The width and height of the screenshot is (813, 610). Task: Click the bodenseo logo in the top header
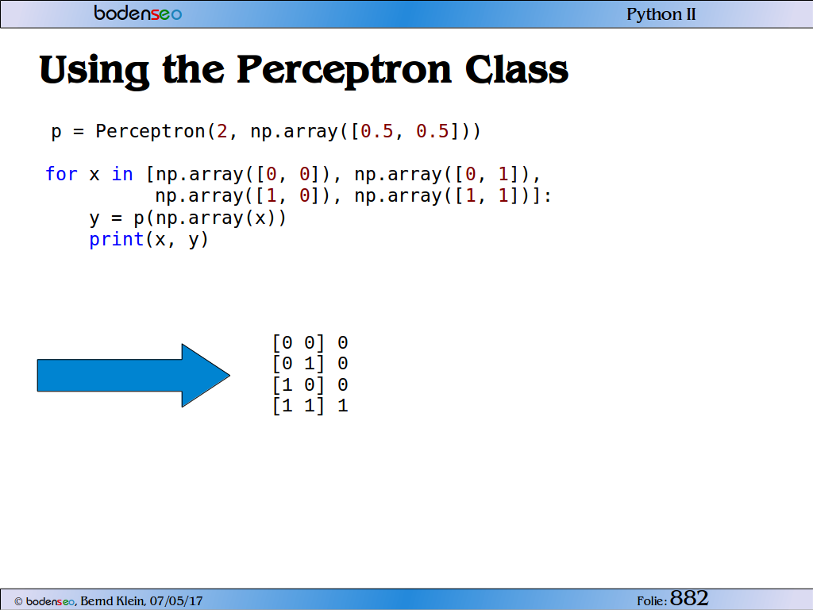138,13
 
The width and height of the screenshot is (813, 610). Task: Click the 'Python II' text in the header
661,14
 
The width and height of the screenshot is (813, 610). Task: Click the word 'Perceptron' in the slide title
345,71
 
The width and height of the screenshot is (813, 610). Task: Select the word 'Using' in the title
94,71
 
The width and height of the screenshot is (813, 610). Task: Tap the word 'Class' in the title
516,70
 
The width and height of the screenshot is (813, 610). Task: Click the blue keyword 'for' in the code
61,174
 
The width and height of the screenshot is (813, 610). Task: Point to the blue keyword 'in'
122,174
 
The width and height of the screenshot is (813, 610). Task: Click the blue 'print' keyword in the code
116,240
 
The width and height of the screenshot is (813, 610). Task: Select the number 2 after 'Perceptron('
222,131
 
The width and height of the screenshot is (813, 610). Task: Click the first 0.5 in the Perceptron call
377,131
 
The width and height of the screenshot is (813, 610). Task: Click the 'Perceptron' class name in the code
150,132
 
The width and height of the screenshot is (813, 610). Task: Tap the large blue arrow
133,375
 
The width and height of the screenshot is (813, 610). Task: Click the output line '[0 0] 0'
310,342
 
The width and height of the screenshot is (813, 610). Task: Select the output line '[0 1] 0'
310,363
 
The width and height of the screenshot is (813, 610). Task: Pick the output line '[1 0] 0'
310,385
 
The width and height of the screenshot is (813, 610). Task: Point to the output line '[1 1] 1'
310,406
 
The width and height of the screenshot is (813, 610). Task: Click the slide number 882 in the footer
689,598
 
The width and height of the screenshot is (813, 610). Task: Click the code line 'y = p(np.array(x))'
187,218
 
